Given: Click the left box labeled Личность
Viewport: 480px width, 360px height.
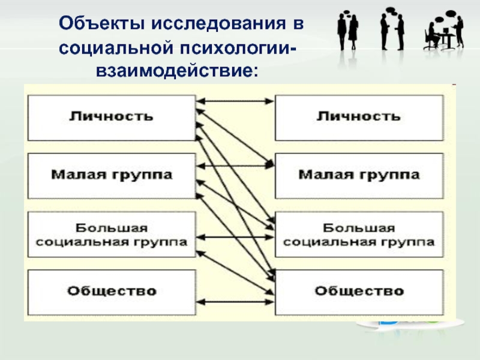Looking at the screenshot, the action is pos(112,118).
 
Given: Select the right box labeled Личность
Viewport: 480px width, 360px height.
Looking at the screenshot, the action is pos(359,118).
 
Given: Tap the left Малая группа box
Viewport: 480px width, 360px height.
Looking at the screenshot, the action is pos(112,176).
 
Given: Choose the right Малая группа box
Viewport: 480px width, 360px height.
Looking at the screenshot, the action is pos(359,176).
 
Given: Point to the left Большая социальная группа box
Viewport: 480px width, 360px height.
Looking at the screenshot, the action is pos(112,234).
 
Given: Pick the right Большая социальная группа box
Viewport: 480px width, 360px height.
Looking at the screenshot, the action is pos(359,234).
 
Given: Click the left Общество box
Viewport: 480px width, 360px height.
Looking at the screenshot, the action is pos(112,292).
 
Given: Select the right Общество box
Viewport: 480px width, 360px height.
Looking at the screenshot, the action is pos(359,292).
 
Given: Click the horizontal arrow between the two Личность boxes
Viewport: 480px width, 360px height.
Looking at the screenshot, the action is pos(235,101).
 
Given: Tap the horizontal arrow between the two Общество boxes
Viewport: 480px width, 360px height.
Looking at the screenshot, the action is pos(235,302).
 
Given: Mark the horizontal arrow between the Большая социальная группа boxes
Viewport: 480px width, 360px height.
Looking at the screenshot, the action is pos(235,237).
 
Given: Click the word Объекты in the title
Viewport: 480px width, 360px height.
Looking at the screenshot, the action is pos(101,23).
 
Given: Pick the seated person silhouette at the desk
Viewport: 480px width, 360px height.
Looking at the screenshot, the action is pos(432,36).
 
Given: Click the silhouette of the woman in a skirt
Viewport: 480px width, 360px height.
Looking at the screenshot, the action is pos(353,32).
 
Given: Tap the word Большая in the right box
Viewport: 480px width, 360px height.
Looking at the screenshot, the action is pos(359,228).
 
